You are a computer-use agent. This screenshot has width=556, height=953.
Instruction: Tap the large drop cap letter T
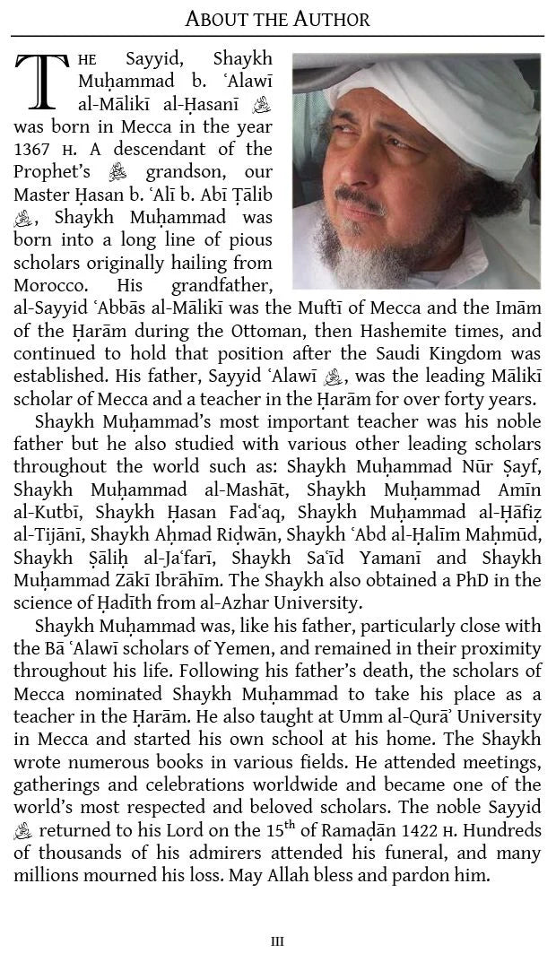point(40,81)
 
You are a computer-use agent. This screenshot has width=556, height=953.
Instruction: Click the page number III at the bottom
point(277,941)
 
